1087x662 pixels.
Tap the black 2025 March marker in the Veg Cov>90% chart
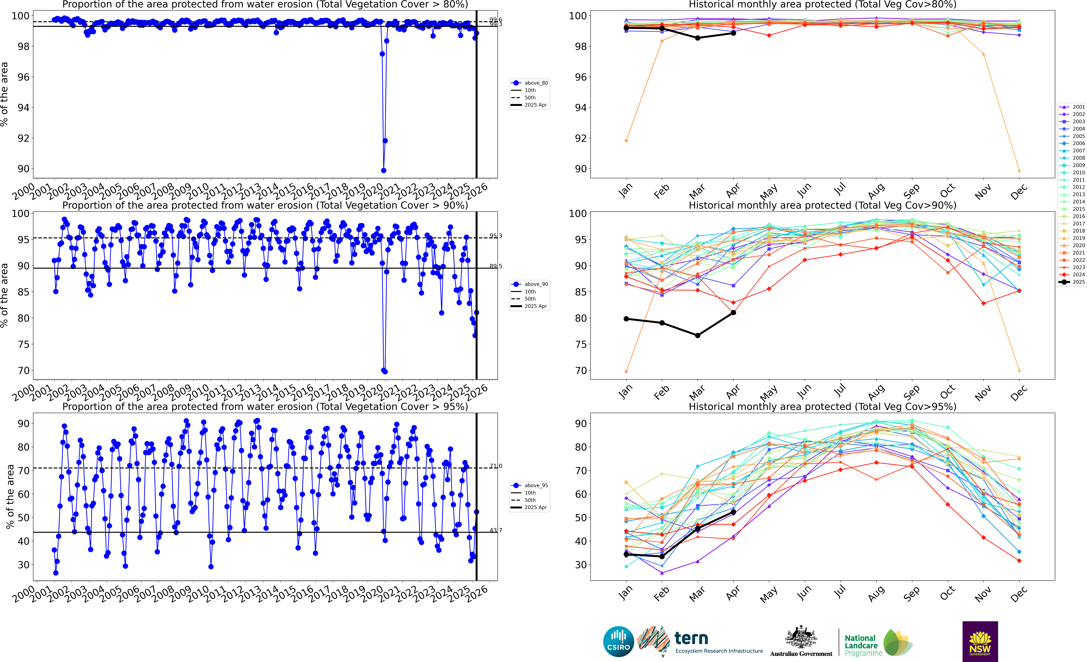pos(697,335)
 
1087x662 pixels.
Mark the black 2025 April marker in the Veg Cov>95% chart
pos(733,512)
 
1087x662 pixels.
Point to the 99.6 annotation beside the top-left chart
pos(496,20)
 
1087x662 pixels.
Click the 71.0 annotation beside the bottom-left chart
pos(496,466)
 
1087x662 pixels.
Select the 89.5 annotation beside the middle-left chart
pos(496,266)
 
